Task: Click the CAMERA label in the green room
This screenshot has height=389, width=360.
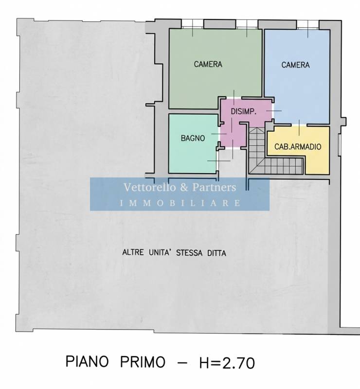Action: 208,64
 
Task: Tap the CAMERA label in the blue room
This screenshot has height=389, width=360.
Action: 295,65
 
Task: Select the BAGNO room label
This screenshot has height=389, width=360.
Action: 193,138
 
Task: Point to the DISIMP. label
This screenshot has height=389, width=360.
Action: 244,111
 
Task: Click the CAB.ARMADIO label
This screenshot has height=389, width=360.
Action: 298,147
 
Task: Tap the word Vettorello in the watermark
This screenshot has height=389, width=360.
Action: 150,187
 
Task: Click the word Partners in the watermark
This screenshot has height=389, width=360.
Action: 214,187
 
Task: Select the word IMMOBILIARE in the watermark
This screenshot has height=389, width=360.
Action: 180,203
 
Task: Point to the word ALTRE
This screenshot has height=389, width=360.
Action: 133,252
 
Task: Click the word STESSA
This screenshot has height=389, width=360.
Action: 189,253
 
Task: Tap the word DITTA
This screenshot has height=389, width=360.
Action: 217,253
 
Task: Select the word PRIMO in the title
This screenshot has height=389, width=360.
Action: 143,362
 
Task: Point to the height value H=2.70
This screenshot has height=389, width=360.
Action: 227,363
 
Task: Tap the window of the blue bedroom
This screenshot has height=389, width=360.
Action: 308,25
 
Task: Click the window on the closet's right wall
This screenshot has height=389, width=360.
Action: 340,145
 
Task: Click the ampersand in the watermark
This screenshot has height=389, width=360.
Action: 184,188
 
